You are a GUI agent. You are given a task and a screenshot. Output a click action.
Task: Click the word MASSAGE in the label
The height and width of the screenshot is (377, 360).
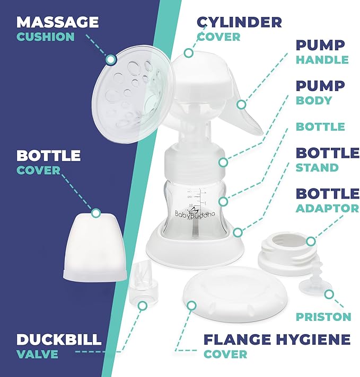[57, 22]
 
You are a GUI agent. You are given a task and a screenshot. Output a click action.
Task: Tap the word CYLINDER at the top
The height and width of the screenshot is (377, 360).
[239, 22]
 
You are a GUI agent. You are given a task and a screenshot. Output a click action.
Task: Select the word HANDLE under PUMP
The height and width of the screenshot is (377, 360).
[322, 60]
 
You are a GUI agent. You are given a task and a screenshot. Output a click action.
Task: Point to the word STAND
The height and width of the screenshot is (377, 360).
[317, 167]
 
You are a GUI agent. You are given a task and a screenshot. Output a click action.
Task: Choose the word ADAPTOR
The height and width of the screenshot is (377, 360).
[327, 208]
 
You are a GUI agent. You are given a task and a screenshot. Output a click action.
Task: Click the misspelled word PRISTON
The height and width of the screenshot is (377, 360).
[324, 317]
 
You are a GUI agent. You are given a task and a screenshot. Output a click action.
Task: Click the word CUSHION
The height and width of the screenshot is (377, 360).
[45, 37]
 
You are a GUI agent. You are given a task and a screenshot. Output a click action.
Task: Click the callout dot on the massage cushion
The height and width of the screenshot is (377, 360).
[110, 59]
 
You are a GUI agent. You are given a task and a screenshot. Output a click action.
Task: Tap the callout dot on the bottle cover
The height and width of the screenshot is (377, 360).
[96, 213]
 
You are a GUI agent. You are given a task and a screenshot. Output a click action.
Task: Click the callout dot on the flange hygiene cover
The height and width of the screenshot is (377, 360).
[192, 306]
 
